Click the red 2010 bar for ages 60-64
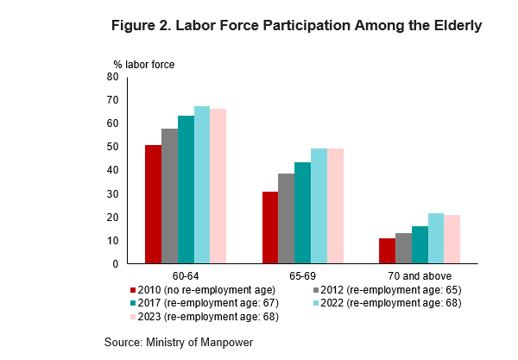click(153, 204)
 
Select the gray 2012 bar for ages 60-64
click(169, 196)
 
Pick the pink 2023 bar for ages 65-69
click(335, 205)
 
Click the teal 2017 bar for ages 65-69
click(302, 212)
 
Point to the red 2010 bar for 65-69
click(269, 227)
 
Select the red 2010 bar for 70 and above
click(387, 250)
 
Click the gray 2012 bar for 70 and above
click(403, 248)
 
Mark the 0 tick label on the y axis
click(115, 263)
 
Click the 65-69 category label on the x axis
click(302, 275)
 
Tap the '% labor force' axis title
click(138, 64)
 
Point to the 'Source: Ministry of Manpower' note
click(179, 342)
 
